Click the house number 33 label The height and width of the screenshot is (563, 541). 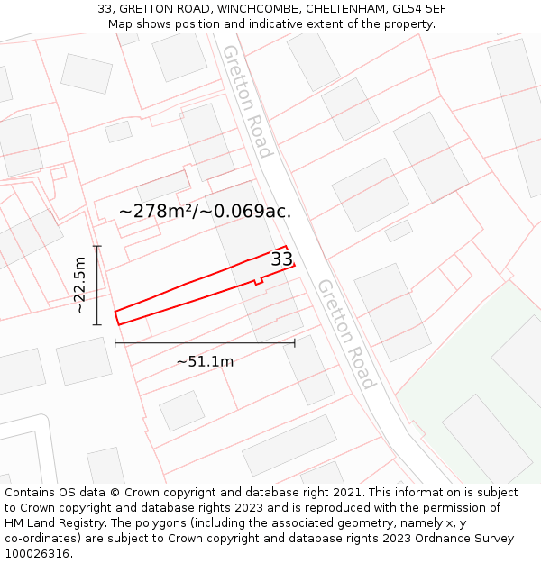coord(282,259)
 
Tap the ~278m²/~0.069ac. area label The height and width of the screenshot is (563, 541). coord(205,211)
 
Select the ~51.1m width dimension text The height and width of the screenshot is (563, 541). coord(205,361)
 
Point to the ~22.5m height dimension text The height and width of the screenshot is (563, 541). coord(80,286)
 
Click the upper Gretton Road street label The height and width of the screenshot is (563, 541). coord(246,101)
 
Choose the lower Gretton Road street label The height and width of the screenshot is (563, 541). coord(345,333)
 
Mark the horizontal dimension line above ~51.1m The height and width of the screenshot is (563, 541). coord(205,342)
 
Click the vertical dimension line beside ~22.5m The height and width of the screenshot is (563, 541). coord(97,285)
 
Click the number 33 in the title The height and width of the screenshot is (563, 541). coord(105,9)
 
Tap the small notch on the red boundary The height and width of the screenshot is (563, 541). coord(259,282)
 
